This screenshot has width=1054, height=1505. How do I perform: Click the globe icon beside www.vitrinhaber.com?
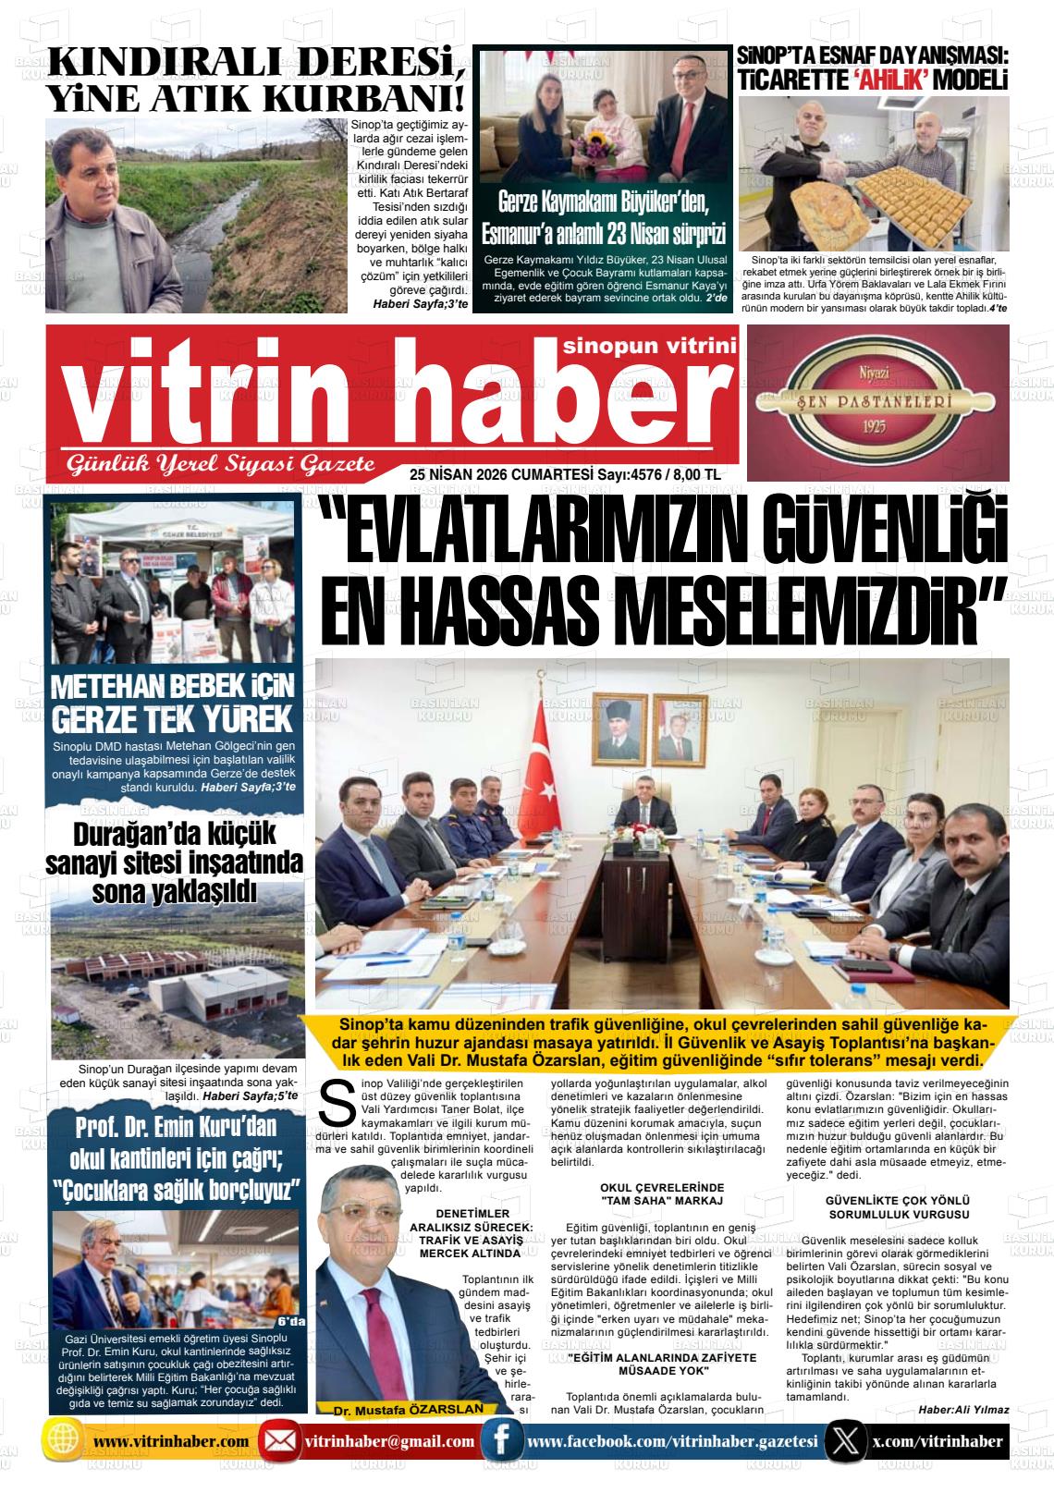point(62,1442)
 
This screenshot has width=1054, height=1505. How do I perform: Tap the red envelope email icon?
point(276,1442)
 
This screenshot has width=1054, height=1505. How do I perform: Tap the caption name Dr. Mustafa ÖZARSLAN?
point(409,1410)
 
